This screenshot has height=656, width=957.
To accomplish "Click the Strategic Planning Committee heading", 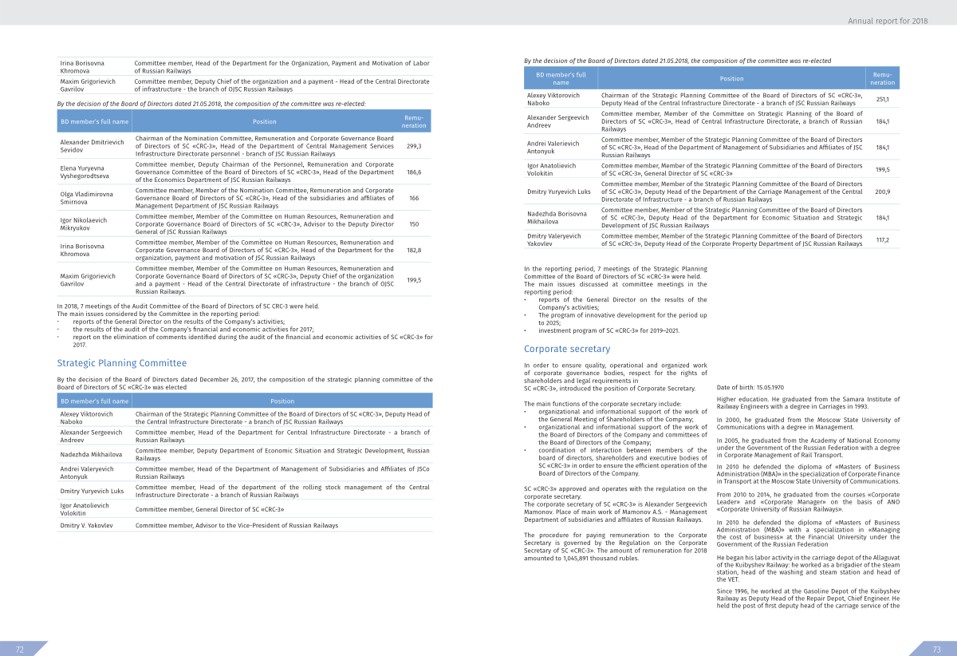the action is (121, 363).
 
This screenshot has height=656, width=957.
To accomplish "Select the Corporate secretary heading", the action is (567, 349).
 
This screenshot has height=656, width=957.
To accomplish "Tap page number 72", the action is (20, 649).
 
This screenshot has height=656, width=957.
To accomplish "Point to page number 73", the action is (937, 649).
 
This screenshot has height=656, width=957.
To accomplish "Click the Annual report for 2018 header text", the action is (899, 20).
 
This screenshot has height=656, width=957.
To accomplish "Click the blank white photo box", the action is (808, 323).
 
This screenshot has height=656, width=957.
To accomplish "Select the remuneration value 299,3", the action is (414, 147).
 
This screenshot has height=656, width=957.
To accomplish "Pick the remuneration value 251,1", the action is (882, 99).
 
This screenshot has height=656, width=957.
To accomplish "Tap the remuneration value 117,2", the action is (882, 239).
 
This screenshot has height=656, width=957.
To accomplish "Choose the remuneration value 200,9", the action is (882, 192).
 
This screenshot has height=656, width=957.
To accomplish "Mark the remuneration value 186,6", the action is (414, 172).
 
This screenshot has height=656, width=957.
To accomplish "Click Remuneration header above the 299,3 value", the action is (414, 121).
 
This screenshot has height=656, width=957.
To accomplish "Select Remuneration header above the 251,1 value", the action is (882, 78).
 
